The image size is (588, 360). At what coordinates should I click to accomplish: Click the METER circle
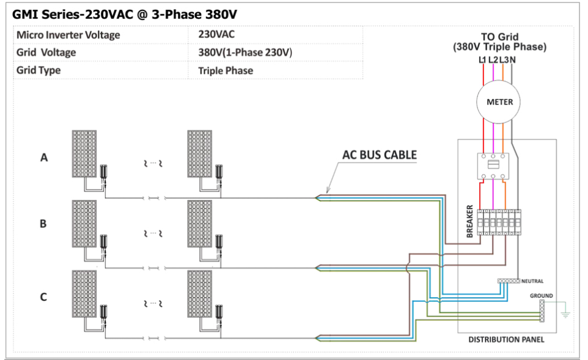tap(499, 102)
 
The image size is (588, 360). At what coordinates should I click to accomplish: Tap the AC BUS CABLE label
tap(379, 155)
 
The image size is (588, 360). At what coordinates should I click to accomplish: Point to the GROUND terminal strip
tap(542, 311)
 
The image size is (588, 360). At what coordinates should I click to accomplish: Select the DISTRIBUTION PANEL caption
tap(506, 340)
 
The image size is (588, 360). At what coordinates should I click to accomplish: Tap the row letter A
tap(43, 158)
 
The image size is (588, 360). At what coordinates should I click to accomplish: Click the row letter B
tap(43, 224)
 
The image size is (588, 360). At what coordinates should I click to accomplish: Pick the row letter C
tap(43, 297)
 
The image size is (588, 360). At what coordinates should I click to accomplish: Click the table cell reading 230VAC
tap(216, 35)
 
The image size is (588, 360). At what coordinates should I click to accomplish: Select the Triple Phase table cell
tap(226, 70)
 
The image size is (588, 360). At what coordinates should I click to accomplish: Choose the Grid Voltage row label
tap(46, 53)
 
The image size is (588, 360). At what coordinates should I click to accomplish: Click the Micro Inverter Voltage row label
tap(68, 35)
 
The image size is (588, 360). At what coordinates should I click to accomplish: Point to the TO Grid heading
tap(499, 37)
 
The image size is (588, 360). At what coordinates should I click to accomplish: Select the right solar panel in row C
tap(200, 294)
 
